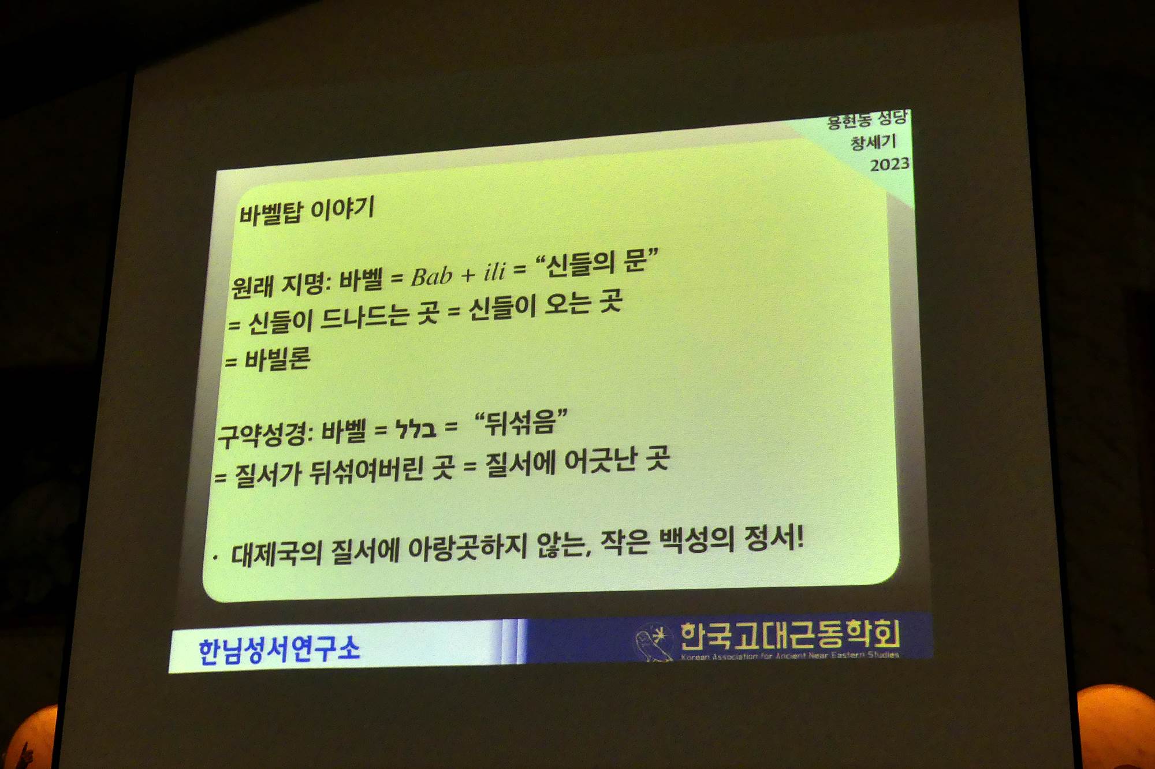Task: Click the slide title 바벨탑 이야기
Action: pos(307,210)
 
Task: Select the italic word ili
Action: pos(495,271)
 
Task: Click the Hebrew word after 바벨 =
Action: pos(416,429)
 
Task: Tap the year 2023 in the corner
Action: pos(889,165)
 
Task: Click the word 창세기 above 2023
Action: pos(873,142)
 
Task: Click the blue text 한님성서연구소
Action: pos(280,649)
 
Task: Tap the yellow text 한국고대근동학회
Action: pos(790,634)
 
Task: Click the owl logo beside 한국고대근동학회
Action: pos(654,641)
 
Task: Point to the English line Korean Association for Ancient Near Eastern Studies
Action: pos(789,656)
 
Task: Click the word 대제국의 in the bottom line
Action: pos(277,553)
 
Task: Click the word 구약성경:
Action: pos(265,435)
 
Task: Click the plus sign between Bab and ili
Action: pos(468,275)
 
